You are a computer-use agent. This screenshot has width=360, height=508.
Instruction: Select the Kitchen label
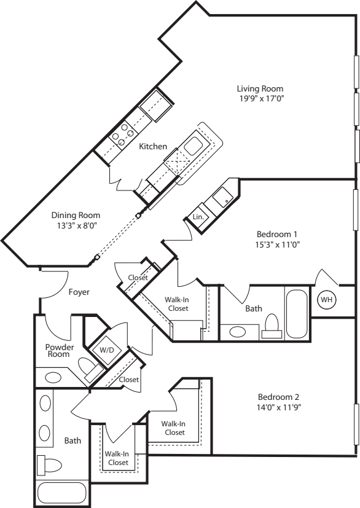coord(152,146)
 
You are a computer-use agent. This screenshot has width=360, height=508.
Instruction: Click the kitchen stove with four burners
coord(122,135)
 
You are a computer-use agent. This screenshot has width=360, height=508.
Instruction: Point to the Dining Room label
coord(76,215)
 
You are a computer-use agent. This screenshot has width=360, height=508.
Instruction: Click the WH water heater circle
coord(326,300)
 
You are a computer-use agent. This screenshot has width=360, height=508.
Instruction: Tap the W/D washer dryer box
coord(107,350)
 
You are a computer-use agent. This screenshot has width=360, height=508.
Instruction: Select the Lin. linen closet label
coord(198,217)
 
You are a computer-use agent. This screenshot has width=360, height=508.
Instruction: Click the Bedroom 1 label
coord(277,234)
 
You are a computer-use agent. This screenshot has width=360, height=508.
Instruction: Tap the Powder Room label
coord(60,350)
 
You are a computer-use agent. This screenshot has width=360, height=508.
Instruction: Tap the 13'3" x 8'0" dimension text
coord(76,225)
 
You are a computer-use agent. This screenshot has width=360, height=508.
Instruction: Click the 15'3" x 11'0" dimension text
coord(277,244)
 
